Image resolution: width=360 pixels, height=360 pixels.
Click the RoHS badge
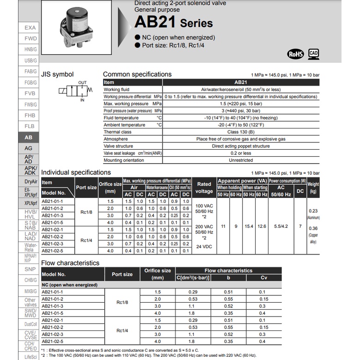point(295,54)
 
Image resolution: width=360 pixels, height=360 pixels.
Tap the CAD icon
point(314,53)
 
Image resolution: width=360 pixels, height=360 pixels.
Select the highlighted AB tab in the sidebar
point(29,137)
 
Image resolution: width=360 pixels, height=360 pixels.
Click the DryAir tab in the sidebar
point(31,182)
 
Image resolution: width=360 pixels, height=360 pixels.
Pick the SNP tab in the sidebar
point(30,269)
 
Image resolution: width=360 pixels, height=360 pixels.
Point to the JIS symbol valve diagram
point(76,91)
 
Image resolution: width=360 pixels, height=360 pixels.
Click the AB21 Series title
point(173,23)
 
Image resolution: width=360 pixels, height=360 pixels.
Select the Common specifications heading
point(137,74)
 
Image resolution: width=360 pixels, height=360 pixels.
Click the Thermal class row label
point(117,132)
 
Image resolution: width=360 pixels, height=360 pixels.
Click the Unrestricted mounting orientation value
point(241,160)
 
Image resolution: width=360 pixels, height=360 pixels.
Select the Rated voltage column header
point(204,188)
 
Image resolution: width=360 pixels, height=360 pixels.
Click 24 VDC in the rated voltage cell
point(204,246)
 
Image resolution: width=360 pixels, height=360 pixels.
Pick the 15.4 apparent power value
point(249,226)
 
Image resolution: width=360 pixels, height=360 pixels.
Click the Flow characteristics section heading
point(70,263)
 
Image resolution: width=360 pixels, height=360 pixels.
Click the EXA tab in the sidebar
point(30,28)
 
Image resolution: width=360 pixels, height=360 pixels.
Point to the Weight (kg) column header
point(313,187)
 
